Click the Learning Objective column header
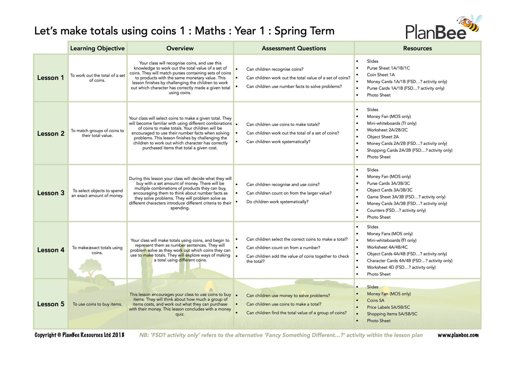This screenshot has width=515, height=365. [97, 48]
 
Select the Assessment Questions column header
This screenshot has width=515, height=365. [294, 48]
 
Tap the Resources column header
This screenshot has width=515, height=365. [417, 48]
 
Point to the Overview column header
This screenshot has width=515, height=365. [180, 48]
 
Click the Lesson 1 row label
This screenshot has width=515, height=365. [50, 78]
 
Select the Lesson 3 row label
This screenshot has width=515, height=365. [50, 193]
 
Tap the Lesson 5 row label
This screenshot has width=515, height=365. [50, 304]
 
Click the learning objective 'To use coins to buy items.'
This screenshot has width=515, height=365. [97, 304]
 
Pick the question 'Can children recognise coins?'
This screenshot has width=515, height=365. [275, 69]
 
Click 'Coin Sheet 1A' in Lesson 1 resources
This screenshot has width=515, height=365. [380, 75]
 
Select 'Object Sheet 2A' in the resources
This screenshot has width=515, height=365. [382, 137]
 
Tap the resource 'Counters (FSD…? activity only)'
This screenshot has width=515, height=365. [396, 210]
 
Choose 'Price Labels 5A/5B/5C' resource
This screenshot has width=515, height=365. [388, 307]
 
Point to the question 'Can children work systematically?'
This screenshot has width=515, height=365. [278, 142]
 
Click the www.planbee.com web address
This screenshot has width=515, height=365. [458, 335]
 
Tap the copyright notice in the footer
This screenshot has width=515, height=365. [79, 335]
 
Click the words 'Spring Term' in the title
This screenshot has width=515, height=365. [304, 31]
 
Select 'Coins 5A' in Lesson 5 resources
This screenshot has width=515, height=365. [375, 300]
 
